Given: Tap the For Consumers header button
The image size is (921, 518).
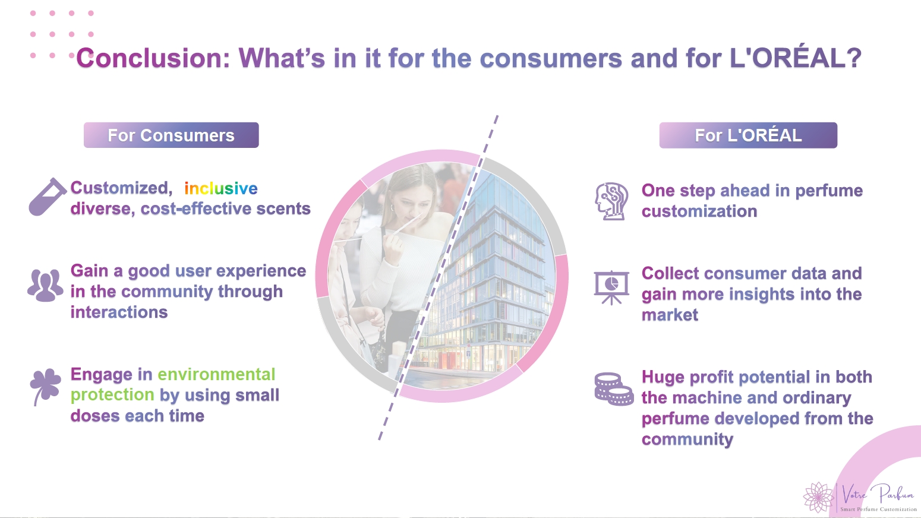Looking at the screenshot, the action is tap(171, 135).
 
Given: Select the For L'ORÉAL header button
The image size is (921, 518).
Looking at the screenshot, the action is tap(748, 135).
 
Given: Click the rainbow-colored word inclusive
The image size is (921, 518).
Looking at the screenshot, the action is tap(221, 188).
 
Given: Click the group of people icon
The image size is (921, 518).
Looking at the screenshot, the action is tap(45, 285).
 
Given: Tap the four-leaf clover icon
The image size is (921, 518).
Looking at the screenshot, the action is tap(45, 387).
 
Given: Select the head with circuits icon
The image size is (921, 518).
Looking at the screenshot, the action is tap(612, 201).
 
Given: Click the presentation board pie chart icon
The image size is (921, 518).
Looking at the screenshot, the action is tap(611, 288).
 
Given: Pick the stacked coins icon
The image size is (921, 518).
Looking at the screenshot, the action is tap(614, 389).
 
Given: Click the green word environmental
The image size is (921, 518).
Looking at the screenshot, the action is tap(216, 374).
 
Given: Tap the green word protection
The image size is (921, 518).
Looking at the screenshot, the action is tap(112, 395).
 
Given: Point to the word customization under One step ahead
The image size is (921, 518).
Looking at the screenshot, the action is tap(699, 211).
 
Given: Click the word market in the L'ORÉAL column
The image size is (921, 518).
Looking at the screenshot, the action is tap(670, 315).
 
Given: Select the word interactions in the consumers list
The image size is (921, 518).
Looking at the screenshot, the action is tap(119, 312).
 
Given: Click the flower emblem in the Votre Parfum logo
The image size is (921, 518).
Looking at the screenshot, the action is tap(819, 497).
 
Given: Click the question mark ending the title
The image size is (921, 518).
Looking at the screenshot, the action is tap(854, 58).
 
